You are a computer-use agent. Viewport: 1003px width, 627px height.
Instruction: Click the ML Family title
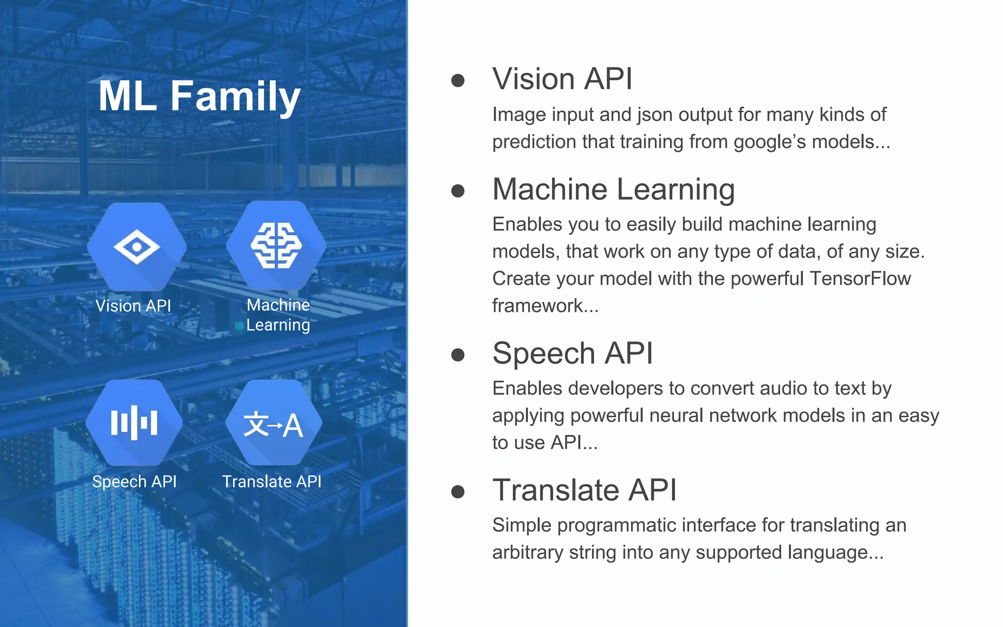[x=199, y=96]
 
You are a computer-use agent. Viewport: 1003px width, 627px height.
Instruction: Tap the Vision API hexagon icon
[x=137, y=247]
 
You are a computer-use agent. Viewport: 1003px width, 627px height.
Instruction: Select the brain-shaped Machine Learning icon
[x=276, y=245]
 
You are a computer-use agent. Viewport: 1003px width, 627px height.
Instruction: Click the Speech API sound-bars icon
[x=134, y=423]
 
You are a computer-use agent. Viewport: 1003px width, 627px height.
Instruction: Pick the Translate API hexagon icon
[x=273, y=423]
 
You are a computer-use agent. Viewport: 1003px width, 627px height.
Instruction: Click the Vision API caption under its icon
[x=133, y=306]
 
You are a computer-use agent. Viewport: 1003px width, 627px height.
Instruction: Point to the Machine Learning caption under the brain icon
[x=278, y=315]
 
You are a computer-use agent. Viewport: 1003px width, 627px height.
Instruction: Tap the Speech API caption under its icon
[x=134, y=482]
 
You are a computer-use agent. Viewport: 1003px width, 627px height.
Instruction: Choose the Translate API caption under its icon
[x=272, y=482]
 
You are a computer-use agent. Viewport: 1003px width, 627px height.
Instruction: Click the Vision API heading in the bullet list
[x=562, y=79]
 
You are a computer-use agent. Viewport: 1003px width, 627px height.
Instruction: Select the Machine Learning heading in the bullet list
[x=614, y=190]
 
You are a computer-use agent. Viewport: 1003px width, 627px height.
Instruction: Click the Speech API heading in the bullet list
[x=573, y=353]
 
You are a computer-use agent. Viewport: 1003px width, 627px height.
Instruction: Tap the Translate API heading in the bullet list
[x=584, y=490]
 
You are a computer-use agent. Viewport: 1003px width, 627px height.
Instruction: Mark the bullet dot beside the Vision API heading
[x=458, y=80]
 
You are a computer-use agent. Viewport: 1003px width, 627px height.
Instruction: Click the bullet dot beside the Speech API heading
[x=458, y=355]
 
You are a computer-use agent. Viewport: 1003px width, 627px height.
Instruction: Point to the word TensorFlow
[x=860, y=278]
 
